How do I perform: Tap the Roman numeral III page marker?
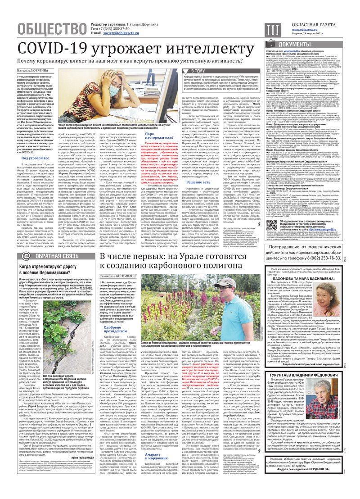[x=272, y=29]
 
